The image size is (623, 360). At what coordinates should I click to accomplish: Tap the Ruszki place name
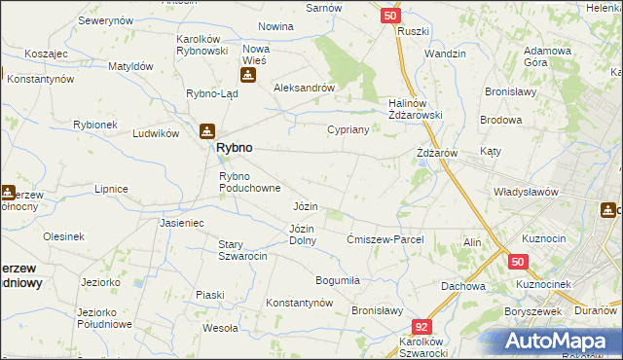(414, 31)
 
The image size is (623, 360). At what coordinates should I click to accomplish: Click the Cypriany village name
(348, 129)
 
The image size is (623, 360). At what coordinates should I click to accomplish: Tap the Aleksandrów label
(305, 87)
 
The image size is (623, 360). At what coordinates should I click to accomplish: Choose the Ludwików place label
(156, 133)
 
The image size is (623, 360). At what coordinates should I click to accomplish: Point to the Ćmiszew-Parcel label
(390, 238)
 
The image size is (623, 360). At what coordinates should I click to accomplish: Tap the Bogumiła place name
(338, 280)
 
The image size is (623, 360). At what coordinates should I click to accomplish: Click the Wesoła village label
(220, 329)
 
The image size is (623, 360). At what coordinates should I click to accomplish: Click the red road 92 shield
(421, 328)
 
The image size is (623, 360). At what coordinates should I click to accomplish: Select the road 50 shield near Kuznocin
(518, 262)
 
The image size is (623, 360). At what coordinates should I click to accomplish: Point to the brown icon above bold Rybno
(207, 130)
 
